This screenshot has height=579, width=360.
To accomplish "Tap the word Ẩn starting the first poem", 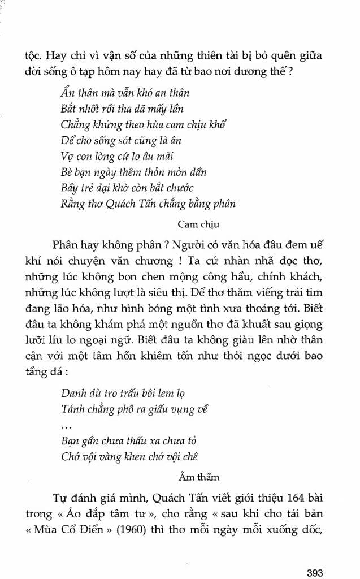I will tap(67, 92).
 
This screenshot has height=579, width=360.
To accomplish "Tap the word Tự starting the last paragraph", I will tap(58, 498).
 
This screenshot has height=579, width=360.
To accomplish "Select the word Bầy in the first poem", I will tap(68, 187).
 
